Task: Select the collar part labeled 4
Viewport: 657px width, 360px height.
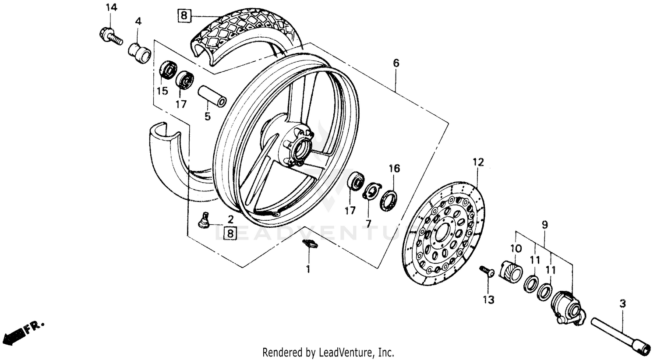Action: [x=139, y=49]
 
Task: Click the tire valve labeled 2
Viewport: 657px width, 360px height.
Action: [x=204, y=219]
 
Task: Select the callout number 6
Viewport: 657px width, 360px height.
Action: [x=396, y=63]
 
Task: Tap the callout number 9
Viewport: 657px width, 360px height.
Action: [x=544, y=225]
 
